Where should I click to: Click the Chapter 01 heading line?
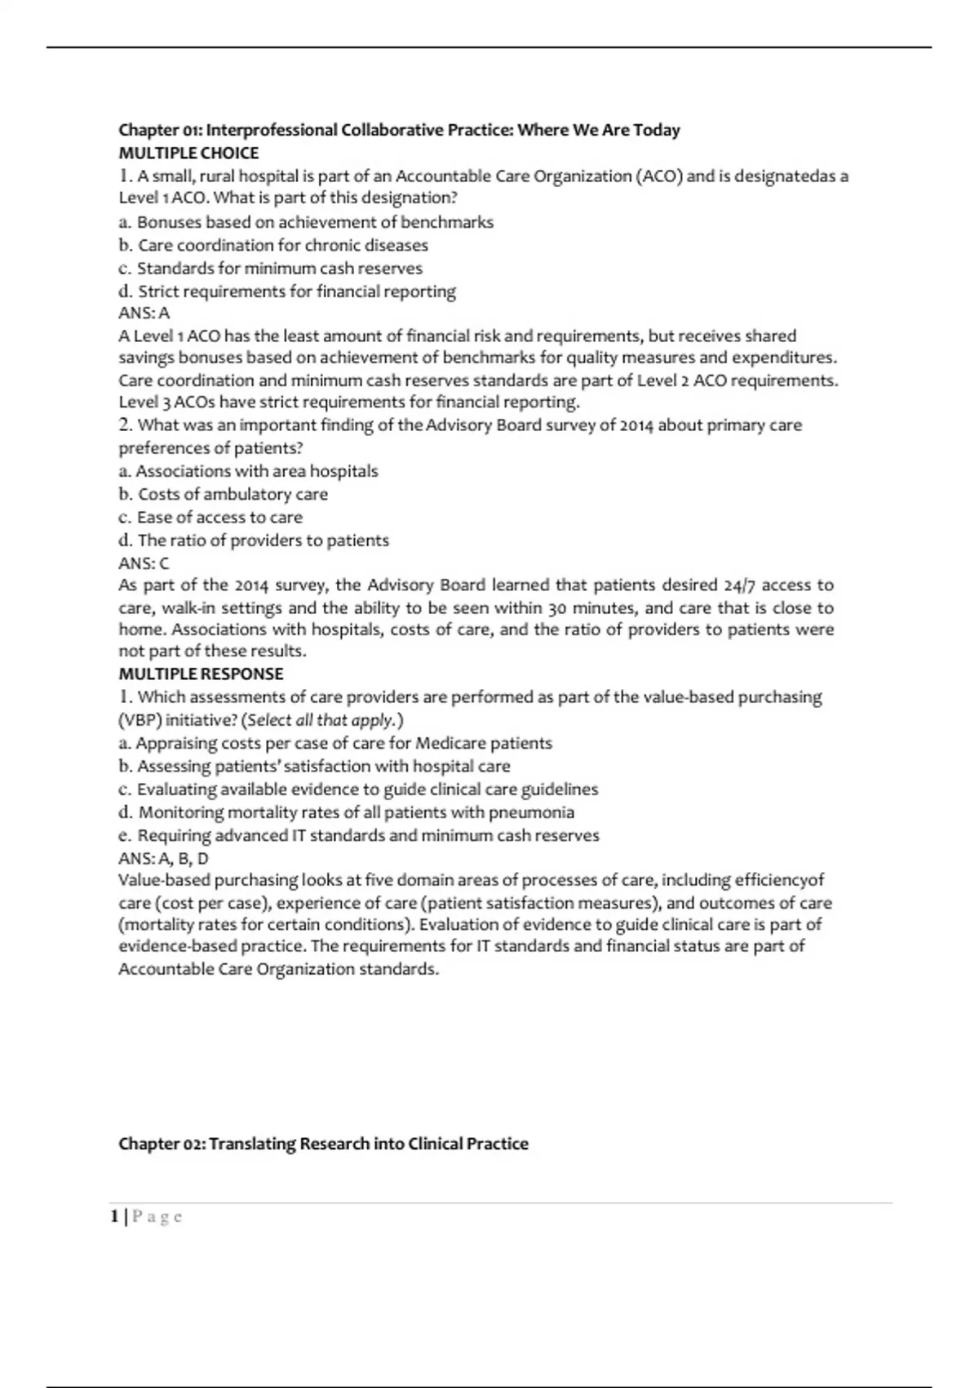(399, 130)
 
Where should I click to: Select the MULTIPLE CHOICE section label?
(188, 153)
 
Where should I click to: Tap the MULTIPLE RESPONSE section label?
(201, 674)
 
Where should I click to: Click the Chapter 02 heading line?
(323, 1143)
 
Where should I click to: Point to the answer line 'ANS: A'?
(144, 313)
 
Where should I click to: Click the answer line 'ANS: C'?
(144, 563)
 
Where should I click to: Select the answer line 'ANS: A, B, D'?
(163, 858)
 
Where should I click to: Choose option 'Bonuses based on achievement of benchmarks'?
(315, 222)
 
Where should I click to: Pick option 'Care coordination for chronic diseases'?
(282, 245)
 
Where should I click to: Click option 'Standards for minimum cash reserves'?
(279, 268)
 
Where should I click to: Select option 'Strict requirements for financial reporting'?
(296, 291)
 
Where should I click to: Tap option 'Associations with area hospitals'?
(256, 471)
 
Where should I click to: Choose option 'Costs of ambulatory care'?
(233, 494)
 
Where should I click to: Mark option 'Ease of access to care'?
(219, 517)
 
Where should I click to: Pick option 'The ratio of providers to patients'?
(263, 540)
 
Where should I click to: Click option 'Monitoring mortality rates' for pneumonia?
(356, 812)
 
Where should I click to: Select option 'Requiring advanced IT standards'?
(368, 835)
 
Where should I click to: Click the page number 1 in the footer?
(115, 1217)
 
